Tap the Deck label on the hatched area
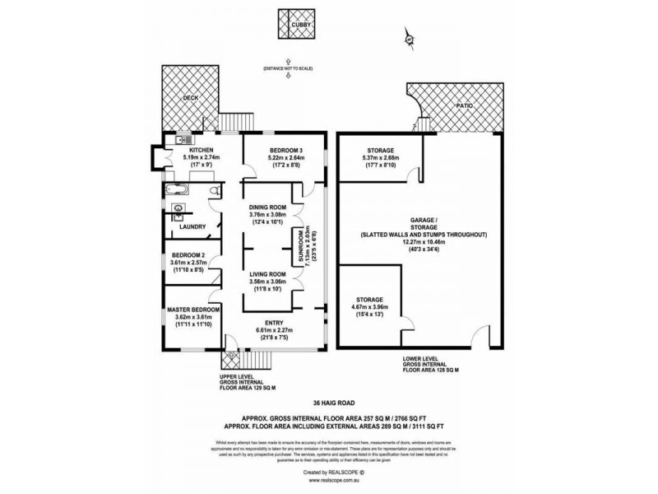pos(191,97)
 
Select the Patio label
pos(465,106)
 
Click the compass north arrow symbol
pos(408,37)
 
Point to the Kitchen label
pos(178,150)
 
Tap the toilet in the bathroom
pos(213,192)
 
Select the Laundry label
pos(192,226)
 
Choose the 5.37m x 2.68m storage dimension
pos(381,158)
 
